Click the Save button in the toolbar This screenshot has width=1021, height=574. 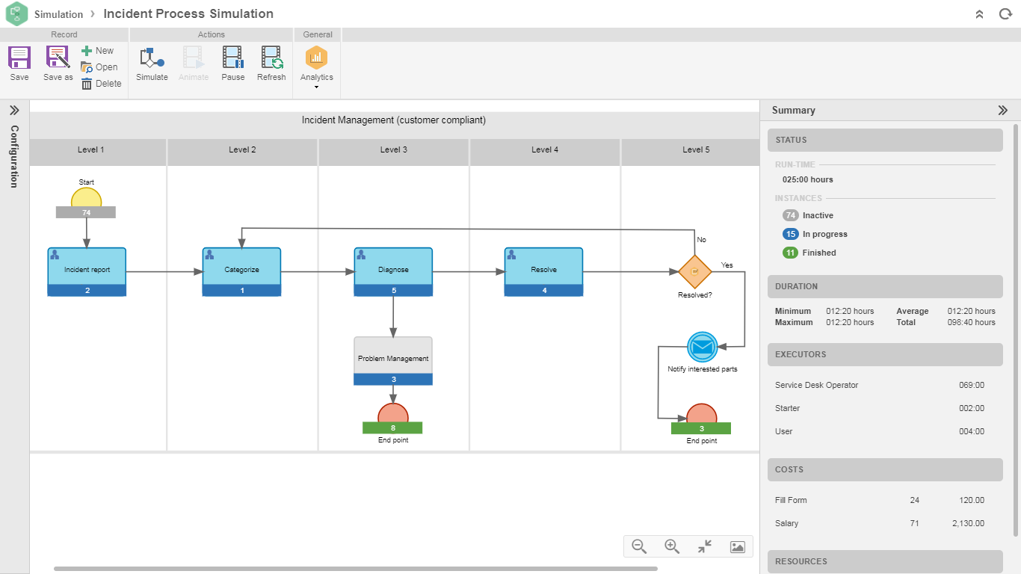point(19,64)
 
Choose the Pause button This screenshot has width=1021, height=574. point(233,64)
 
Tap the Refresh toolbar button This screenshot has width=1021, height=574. point(271,64)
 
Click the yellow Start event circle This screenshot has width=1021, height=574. point(87,198)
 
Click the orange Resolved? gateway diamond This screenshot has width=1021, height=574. point(694,271)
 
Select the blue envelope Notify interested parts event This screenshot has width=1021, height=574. point(702,347)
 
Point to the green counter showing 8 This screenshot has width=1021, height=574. point(392,428)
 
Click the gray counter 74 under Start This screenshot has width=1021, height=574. point(86,213)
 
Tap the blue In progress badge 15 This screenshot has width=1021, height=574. point(791,234)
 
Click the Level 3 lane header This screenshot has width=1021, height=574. point(394,150)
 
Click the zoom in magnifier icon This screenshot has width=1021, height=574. point(672,546)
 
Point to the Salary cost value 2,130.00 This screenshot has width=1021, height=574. point(968,523)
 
